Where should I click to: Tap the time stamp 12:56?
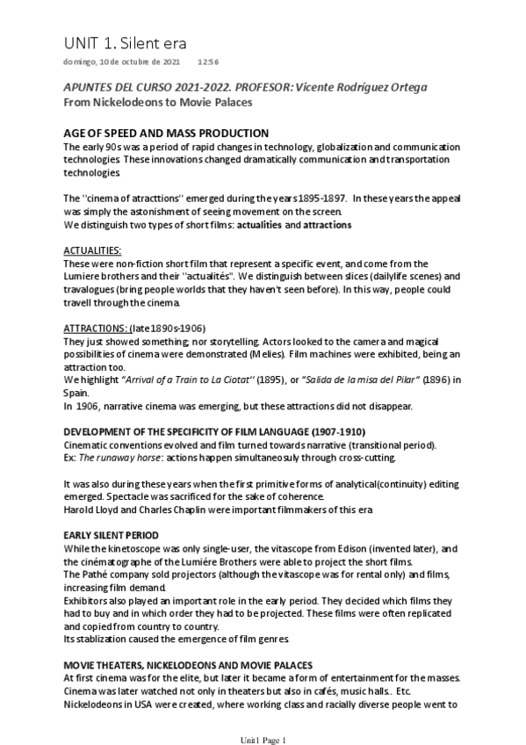click(208, 63)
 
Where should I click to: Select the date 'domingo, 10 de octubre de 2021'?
click(121, 63)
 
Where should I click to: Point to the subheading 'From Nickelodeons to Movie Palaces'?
click(158, 102)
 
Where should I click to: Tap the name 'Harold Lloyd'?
click(94, 508)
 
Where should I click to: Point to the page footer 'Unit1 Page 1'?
click(263, 741)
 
